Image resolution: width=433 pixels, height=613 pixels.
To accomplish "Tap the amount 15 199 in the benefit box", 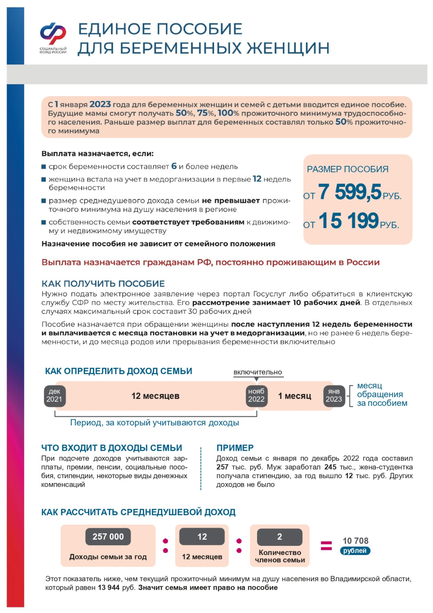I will [348, 221].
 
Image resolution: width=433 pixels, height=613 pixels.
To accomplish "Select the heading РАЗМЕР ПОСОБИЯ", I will [348, 169].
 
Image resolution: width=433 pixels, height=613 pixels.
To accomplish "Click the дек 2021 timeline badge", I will [54, 396].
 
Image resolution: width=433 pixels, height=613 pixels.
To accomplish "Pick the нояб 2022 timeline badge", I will [256, 396].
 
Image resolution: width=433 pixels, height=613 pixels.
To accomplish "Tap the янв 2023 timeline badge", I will [334, 396].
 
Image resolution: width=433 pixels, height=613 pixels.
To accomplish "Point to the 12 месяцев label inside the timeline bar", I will [155, 396].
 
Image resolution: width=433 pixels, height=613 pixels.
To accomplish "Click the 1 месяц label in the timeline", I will [295, 396].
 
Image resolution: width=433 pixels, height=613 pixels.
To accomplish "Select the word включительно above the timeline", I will [258, 372].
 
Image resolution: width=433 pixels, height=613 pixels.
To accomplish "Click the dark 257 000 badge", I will [108, 537].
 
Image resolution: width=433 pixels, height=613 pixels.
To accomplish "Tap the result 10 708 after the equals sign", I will [355, 541].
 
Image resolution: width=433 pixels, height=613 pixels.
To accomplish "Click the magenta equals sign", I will [326, 546].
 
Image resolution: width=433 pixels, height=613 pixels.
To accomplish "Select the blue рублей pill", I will [355, 551].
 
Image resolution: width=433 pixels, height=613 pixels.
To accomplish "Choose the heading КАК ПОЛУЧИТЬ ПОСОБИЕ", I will [103, 284].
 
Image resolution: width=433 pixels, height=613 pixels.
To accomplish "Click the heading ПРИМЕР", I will [235, 448].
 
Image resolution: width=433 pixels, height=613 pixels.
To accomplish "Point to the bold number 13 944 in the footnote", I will [109, 588].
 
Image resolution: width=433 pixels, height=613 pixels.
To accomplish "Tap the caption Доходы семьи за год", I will [108, 557].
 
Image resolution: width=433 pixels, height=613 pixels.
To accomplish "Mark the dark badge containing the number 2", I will [279, 537].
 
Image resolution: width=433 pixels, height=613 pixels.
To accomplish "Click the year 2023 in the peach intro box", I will [100, 104].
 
